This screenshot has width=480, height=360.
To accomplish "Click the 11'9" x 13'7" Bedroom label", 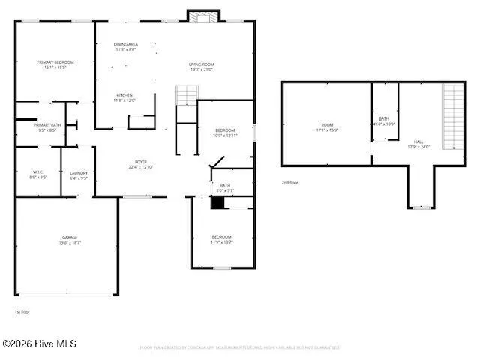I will click(221, 239).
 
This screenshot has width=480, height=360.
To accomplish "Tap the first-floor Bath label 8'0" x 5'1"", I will click(225, 187).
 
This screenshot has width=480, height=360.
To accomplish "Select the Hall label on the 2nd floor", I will click(418, 144).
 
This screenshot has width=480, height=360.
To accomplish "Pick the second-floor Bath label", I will click(384, 121).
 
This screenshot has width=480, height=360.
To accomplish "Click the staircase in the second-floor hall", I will click(454, 116).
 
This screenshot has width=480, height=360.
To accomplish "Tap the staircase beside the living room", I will click(185, 95).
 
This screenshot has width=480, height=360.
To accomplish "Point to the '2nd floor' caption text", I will click(290, 182).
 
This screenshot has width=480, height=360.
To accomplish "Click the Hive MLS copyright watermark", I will click(39, 344).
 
